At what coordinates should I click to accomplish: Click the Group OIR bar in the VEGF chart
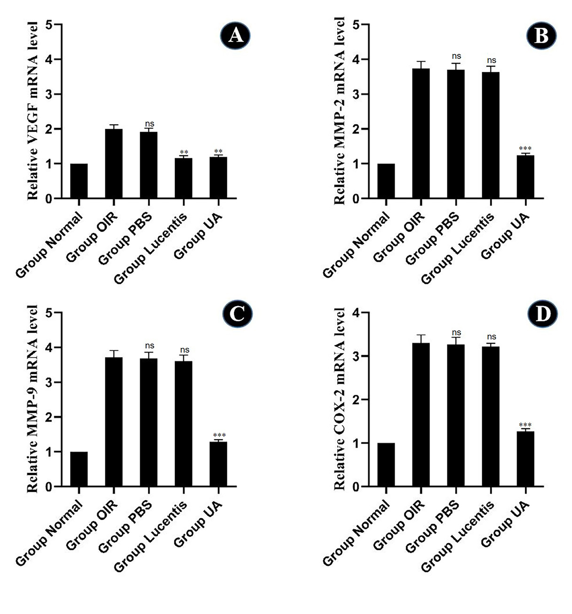click(x=114, y=164)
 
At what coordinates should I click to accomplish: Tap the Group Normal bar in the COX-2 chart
click(x=386, y=465)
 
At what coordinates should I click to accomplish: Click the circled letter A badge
click(x=235, y=36)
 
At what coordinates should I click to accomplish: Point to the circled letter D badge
click(x=542, y=314)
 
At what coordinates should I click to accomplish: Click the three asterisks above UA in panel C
click(x=219, y=436)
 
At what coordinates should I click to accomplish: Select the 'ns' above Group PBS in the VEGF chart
click(x=149, y=124)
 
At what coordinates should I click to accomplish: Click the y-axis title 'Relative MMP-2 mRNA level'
click(x=339, y=111)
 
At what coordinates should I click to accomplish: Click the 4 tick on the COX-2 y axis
click(x=356, y=313)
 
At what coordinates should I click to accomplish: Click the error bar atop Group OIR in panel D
click(x=421, y=338)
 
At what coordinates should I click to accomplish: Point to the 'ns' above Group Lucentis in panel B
click(x=491, y=60)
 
